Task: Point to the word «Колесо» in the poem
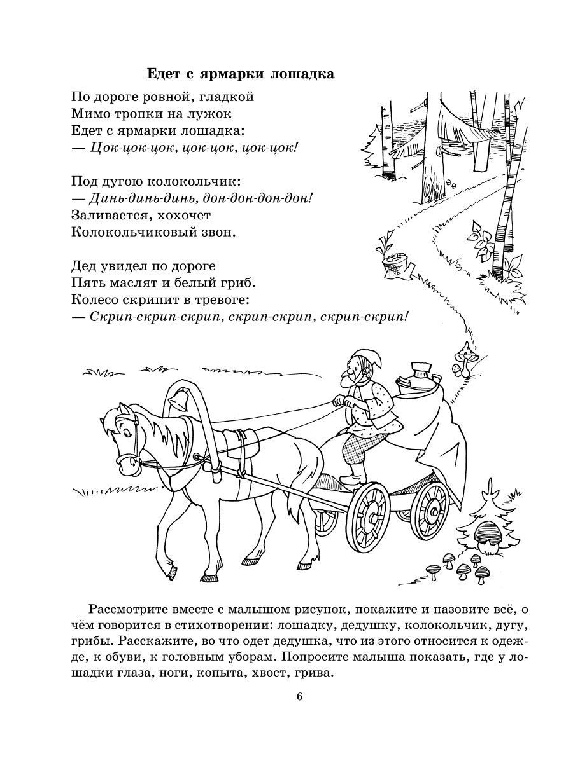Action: coord(97,298)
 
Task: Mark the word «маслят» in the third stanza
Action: coord(131,281)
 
